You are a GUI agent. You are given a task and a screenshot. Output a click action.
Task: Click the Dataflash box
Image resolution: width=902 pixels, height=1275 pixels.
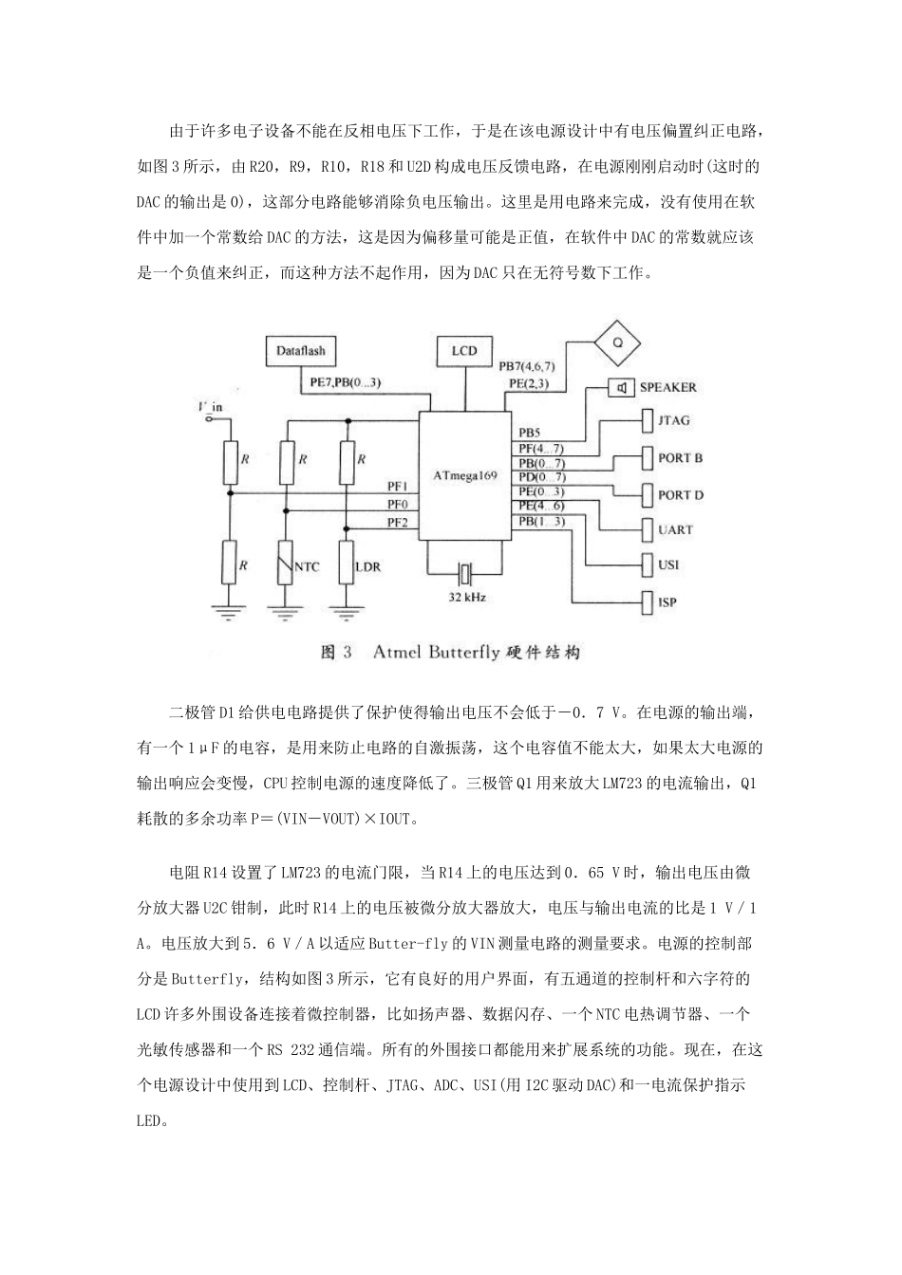point(300,351)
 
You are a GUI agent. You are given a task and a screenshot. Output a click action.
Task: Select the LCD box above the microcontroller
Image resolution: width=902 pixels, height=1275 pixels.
point(464,351)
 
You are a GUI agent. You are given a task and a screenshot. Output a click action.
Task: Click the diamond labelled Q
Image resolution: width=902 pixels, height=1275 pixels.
point(616,344)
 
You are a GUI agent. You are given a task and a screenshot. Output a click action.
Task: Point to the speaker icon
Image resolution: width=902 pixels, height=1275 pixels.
point(622,388)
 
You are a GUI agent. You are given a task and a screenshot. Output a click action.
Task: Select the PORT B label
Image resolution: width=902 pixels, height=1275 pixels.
point(680,457)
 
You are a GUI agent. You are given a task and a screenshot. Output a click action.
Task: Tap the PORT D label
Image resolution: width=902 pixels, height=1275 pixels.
point(680,494)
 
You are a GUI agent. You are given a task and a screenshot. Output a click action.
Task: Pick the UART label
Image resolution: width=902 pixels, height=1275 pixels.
point(676,529)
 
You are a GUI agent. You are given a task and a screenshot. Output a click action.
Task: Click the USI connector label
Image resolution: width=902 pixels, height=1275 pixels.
point(668,565)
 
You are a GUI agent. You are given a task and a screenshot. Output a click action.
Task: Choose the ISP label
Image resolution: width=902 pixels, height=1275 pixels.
point(667,601)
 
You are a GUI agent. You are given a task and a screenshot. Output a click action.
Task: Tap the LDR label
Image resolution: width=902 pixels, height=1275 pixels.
point(367,566)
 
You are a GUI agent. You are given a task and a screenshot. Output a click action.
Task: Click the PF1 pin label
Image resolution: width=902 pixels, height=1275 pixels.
point(397,486)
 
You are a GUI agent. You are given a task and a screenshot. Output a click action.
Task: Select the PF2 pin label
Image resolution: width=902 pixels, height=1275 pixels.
point(397,522)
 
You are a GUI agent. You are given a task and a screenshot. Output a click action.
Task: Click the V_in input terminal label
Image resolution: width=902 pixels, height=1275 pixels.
point(210,407)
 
